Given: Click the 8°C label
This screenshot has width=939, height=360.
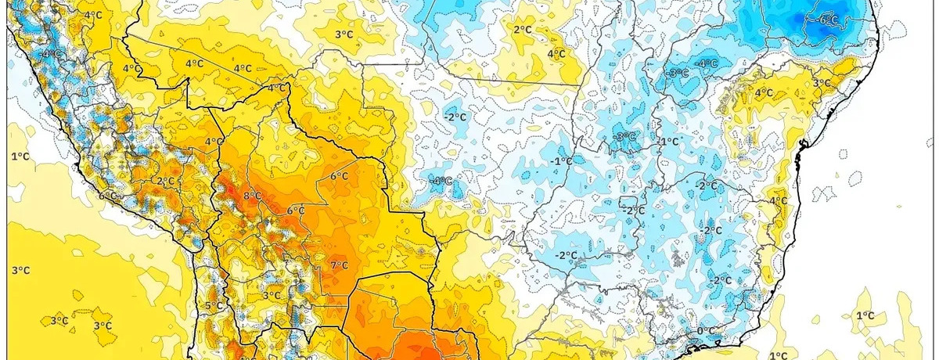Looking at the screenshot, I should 253,196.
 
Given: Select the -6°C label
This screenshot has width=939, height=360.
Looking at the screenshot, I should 828,20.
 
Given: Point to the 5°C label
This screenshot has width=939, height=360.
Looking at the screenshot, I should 211,306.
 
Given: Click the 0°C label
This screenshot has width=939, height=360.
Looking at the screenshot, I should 706,331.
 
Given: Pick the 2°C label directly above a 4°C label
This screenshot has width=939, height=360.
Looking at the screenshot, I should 523,30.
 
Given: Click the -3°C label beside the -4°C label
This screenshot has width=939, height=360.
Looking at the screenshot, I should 678,73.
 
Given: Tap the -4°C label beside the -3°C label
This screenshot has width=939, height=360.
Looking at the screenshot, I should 707,63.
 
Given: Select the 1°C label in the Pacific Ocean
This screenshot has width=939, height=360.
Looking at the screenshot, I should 20,157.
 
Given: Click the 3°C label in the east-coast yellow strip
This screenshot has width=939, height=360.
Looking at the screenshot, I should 821,83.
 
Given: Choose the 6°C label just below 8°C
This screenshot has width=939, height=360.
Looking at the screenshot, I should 295,211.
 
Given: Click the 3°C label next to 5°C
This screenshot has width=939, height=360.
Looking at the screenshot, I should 272,295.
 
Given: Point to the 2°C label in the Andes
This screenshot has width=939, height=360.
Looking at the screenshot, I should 164,181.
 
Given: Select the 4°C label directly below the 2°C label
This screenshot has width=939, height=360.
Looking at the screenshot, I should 556,54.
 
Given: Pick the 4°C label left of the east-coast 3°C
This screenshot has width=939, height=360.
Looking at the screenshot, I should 763,93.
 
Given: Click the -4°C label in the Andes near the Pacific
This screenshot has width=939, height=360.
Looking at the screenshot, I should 52,54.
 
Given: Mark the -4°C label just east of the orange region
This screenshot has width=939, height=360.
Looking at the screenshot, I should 442,181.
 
